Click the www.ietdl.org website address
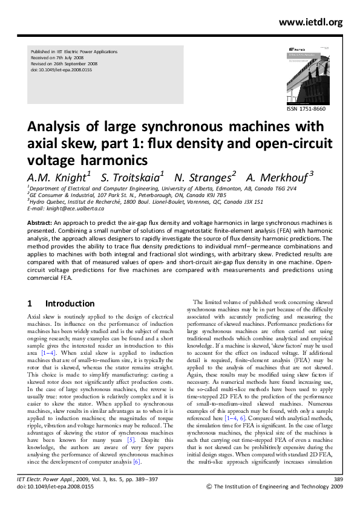coord(310,22)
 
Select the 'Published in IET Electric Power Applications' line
coord(74,53)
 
